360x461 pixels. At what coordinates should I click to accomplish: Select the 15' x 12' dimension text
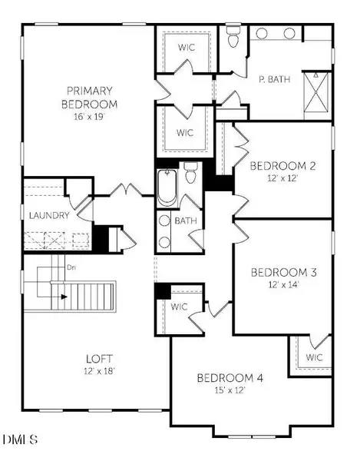pos(230,390)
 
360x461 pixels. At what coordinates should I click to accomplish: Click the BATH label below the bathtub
pos(185,221)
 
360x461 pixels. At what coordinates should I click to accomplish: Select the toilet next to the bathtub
pos(191,173)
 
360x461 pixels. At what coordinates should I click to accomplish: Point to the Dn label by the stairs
pos(71,268)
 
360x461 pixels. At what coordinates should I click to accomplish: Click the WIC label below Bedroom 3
pos(313,357)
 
